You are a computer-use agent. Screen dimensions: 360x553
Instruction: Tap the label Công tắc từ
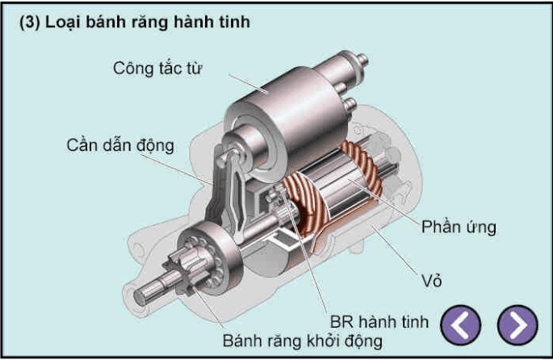click(157, 67)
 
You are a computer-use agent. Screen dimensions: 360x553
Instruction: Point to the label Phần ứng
click(458, 227)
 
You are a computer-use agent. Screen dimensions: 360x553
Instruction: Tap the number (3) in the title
click(30, 23)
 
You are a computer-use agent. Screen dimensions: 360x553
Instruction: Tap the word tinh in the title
click(235, 23)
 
